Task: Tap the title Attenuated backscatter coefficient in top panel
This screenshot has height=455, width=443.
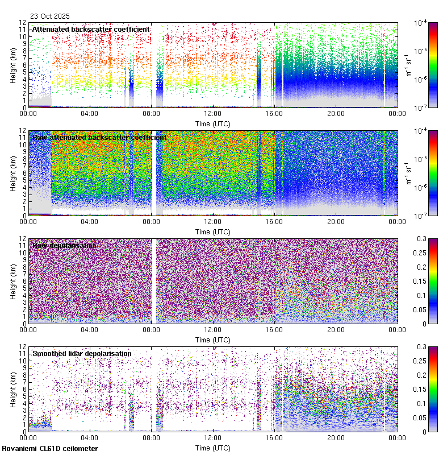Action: (x=91, y=30)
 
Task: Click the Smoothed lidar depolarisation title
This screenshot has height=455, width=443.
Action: (x=82, y=354)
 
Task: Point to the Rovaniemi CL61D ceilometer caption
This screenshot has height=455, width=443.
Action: (x=50, y=449)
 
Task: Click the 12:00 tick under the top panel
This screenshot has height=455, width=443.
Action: (x=212, y=113)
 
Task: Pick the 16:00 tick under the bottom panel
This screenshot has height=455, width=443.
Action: (x=274, y=437)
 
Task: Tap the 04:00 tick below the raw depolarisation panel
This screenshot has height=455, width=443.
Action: (x=90, y=329)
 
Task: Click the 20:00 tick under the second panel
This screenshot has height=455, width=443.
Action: (x=336, y=221)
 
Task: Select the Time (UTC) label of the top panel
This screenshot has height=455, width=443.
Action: (x=212, y=123)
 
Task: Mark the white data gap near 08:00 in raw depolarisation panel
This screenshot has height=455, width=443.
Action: (x=154, y=281)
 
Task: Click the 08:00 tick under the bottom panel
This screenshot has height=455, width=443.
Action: (x=151, y=437)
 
